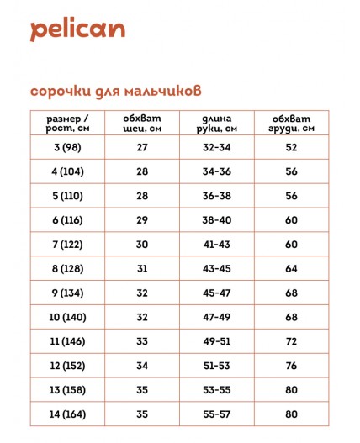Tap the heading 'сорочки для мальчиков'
pyautogui.click(x=116, y=89)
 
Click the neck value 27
pyautogui.click(x=141, y=147)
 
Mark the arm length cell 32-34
pyautogui.click(x=217, y=147)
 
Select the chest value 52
pyautogui.click(x=291, y=147)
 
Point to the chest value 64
pyautogui.click(x=291, y=268)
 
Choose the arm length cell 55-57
pyautogui.click(x=217, y=414)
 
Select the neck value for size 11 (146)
pyautogui.click(x=141, y=341)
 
